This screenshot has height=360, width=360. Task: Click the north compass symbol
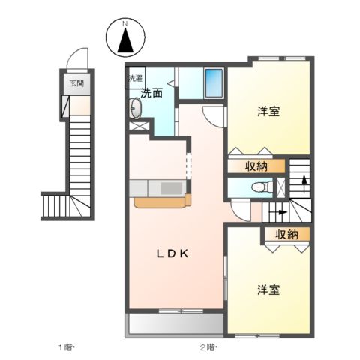click(125, 38)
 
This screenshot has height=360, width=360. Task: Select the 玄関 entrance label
click(76, 83)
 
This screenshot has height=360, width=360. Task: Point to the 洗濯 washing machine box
click(134, 77)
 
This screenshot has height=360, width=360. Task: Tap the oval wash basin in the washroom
click(135, 111)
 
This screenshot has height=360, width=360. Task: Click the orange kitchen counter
click(162, 200)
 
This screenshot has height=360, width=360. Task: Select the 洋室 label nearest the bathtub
click(268, 112)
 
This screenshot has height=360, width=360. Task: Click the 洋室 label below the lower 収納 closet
click(268, 289)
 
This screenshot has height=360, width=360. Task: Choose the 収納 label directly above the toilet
click(256, 166)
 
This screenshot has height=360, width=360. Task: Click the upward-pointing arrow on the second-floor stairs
click(303, 181)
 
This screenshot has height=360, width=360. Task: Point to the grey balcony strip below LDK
click(175, 322)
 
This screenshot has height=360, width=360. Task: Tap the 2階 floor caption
click(206, 346)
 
